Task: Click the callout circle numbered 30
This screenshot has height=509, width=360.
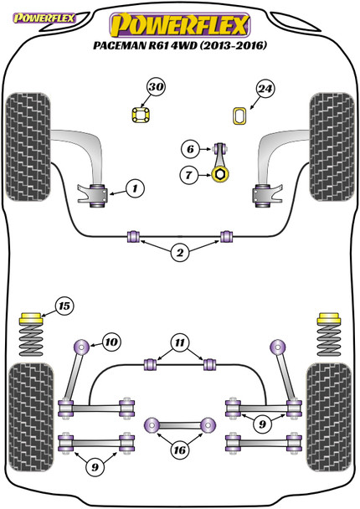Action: (x=157, y=87)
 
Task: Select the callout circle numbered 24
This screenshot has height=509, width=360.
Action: (x=265, y=88)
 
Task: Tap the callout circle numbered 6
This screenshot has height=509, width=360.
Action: (x=190, y=149)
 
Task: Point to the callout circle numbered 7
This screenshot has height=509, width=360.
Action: (x=188, y=175)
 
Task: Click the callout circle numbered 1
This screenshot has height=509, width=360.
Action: (x=135, y=188)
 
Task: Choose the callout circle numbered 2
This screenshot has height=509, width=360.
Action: (x=180, y=253)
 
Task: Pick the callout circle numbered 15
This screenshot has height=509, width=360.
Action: (x=64, y=306)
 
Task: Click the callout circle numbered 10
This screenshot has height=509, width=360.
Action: (x=111, y=342)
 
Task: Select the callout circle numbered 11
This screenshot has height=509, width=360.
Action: (x=180, y=342)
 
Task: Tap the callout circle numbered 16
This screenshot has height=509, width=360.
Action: (x=179, y=450)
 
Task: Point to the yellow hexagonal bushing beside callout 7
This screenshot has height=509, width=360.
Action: (x=220, y=174)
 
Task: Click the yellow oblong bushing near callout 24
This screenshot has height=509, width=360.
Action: (x=240, y=116)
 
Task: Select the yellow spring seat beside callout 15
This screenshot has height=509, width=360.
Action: (x=31, y=318)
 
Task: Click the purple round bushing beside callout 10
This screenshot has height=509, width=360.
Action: (x=81, y=347)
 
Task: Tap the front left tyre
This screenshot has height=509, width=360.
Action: (x=28, y=147)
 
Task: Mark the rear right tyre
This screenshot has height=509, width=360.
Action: (x=329, y=417)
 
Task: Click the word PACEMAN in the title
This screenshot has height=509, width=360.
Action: (x=120, y=45)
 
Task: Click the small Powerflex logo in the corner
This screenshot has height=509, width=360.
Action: (x=44, y=18)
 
